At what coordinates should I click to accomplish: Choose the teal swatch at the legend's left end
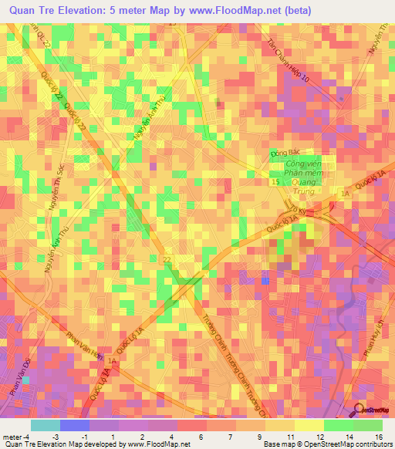45,425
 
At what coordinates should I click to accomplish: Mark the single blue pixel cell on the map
265,280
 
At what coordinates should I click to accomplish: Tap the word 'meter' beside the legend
12,436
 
